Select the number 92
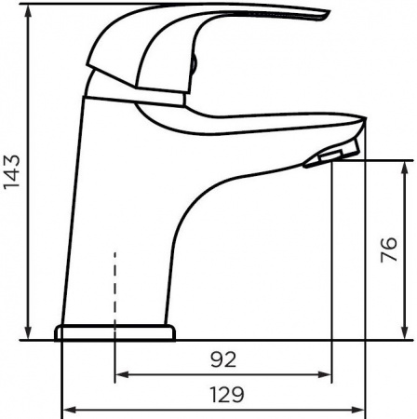click(x=222, y=358)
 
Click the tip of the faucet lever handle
click(x=326, y=13)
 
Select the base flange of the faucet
click(x=114, y=332)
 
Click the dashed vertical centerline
click(x=114, y=279)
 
